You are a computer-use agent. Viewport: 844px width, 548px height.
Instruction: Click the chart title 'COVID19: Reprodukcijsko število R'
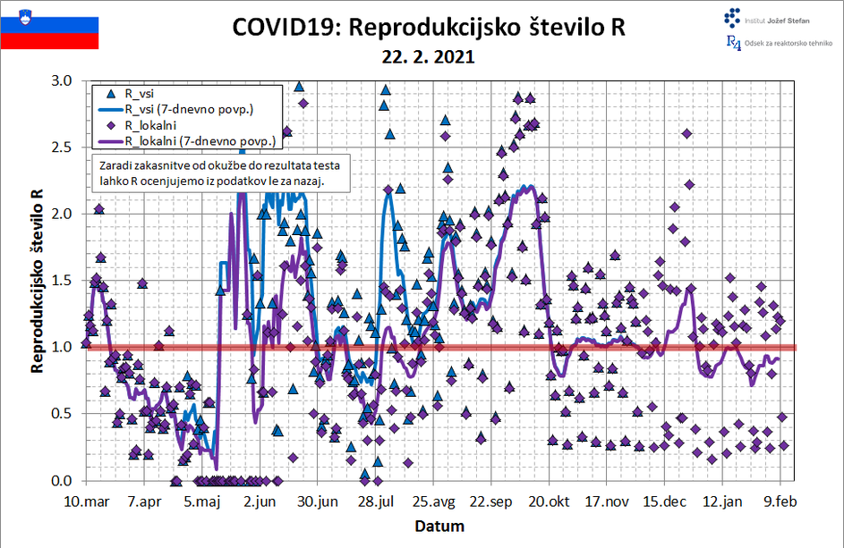tap(428, 28)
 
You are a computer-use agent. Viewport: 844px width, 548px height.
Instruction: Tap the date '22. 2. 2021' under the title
tap(428, 55)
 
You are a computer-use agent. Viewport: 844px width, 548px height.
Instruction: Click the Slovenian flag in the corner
tap(49, 26)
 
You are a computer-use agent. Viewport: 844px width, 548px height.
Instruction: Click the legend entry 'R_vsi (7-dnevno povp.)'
tap(189, 109)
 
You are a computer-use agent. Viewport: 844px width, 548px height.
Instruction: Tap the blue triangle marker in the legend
tap(111, 93)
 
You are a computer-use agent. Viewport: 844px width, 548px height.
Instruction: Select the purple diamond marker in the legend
tap(111, 125)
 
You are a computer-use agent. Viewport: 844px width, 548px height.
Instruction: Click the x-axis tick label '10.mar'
tap(88, 501)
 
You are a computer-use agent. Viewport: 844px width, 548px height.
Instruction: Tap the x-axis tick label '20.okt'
tap(550, 501)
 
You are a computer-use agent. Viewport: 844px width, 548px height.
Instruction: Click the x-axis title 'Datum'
tap(439, 526)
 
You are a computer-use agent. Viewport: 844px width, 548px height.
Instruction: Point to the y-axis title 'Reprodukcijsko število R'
tap(37, 280)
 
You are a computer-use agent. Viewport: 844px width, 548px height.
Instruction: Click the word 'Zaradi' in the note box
tap(115, 166)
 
